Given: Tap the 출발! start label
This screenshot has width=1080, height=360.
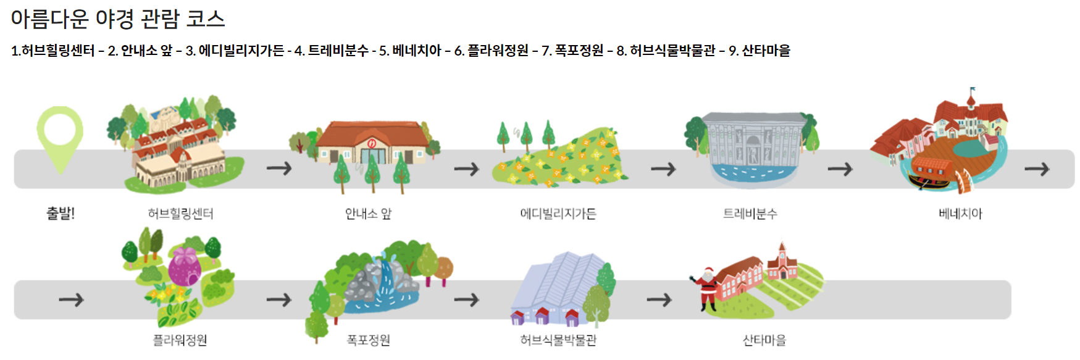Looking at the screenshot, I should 61,214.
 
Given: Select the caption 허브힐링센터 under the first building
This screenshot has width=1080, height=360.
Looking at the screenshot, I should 180,214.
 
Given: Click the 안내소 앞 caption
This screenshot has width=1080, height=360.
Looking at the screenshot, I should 368,214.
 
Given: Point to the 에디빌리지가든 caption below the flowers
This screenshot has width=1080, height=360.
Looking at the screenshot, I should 558,214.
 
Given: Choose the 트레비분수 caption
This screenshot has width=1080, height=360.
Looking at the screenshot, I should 750,214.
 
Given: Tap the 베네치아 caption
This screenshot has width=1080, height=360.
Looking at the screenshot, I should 960,214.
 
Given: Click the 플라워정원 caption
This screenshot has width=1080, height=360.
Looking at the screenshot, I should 180,340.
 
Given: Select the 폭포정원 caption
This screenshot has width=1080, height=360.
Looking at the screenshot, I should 368,340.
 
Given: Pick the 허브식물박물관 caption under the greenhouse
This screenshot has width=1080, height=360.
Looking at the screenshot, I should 558,340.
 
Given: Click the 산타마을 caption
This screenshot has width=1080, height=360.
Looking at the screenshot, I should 764,340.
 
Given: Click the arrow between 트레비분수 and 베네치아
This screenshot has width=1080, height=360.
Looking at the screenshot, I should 840,169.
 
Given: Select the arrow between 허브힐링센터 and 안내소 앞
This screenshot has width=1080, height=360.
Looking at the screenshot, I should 279,168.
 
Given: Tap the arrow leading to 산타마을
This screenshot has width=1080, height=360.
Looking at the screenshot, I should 659,300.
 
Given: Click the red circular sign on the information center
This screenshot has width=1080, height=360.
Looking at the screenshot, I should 372,143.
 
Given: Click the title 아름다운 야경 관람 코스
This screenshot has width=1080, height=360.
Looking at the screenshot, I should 118,19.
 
